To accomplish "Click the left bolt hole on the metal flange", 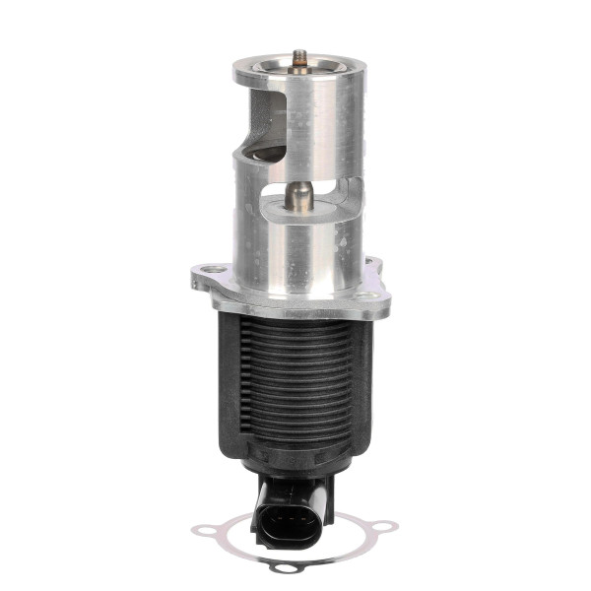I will click(209, 269).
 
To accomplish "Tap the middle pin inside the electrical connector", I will click(286, 519).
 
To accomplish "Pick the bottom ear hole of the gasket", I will click(285, 568).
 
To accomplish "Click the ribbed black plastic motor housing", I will click(295, 384).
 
